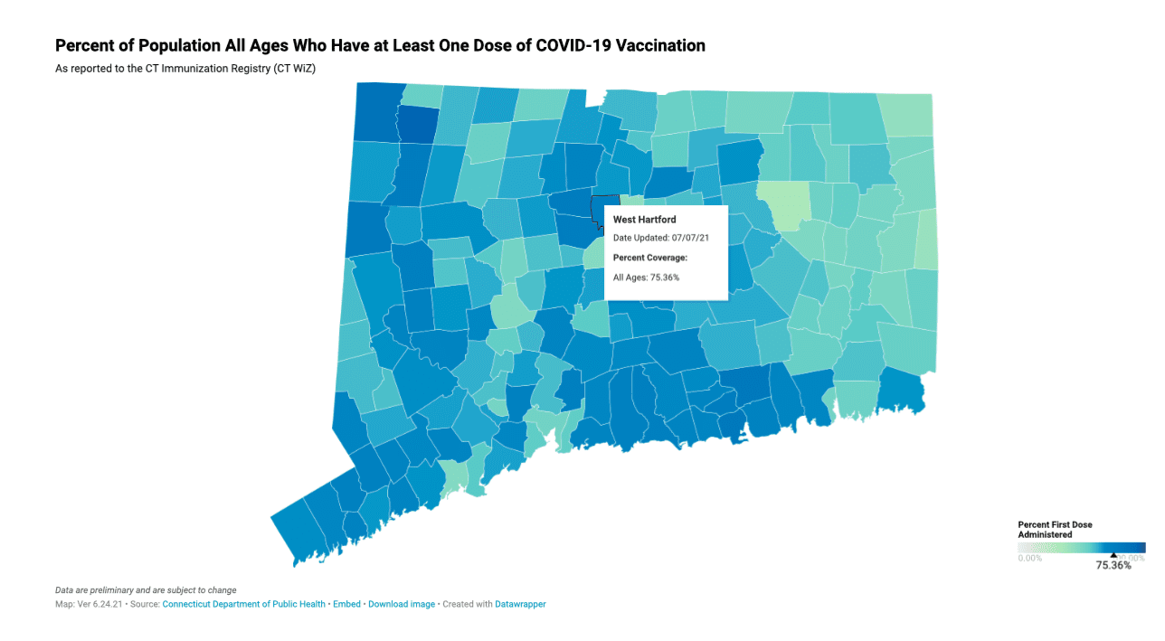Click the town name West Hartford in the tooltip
[x=644, y=220]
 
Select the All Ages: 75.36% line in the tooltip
[x=646, y=278]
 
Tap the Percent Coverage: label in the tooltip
[x=650, y=258]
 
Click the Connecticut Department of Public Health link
[x=243, y=604]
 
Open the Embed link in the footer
[x=346, y=604]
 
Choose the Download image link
[x=401, y=604]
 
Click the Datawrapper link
[x=520, y=604]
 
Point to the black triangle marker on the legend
[x=1113, y=555]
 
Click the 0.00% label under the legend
[x=1030, y=558]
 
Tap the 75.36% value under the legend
[x=1113, y=566]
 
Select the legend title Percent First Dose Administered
[x=1055, y=529]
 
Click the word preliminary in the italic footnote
[x=111, y=590]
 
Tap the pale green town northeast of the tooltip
[x=783, y=205]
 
